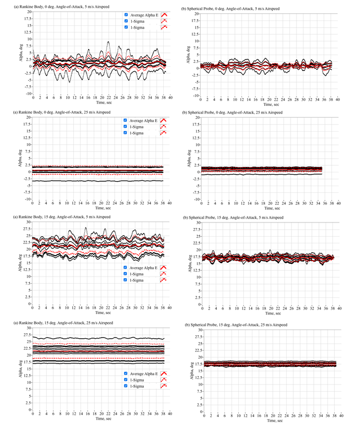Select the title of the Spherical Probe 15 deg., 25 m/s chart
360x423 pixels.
tap(244, 325)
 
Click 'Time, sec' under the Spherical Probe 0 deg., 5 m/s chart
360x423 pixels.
tap(272, 103)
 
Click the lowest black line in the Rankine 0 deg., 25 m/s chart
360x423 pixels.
tap(99, 181)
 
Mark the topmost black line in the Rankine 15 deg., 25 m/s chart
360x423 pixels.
tap(99, 338)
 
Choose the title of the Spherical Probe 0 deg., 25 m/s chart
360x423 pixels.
tap(241, 112)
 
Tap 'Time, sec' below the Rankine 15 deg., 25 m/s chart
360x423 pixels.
tap(101, 419)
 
